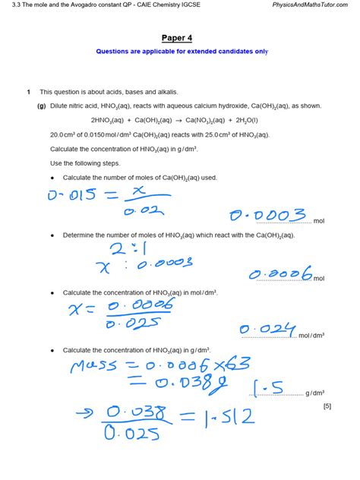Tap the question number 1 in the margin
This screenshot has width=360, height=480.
click(27, 91)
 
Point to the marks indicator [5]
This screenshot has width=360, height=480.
click(327, 406)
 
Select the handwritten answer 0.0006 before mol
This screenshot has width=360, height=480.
click(282, 273)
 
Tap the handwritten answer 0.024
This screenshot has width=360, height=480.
click(267, 330)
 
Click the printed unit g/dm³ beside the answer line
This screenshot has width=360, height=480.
click(315, 393)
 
